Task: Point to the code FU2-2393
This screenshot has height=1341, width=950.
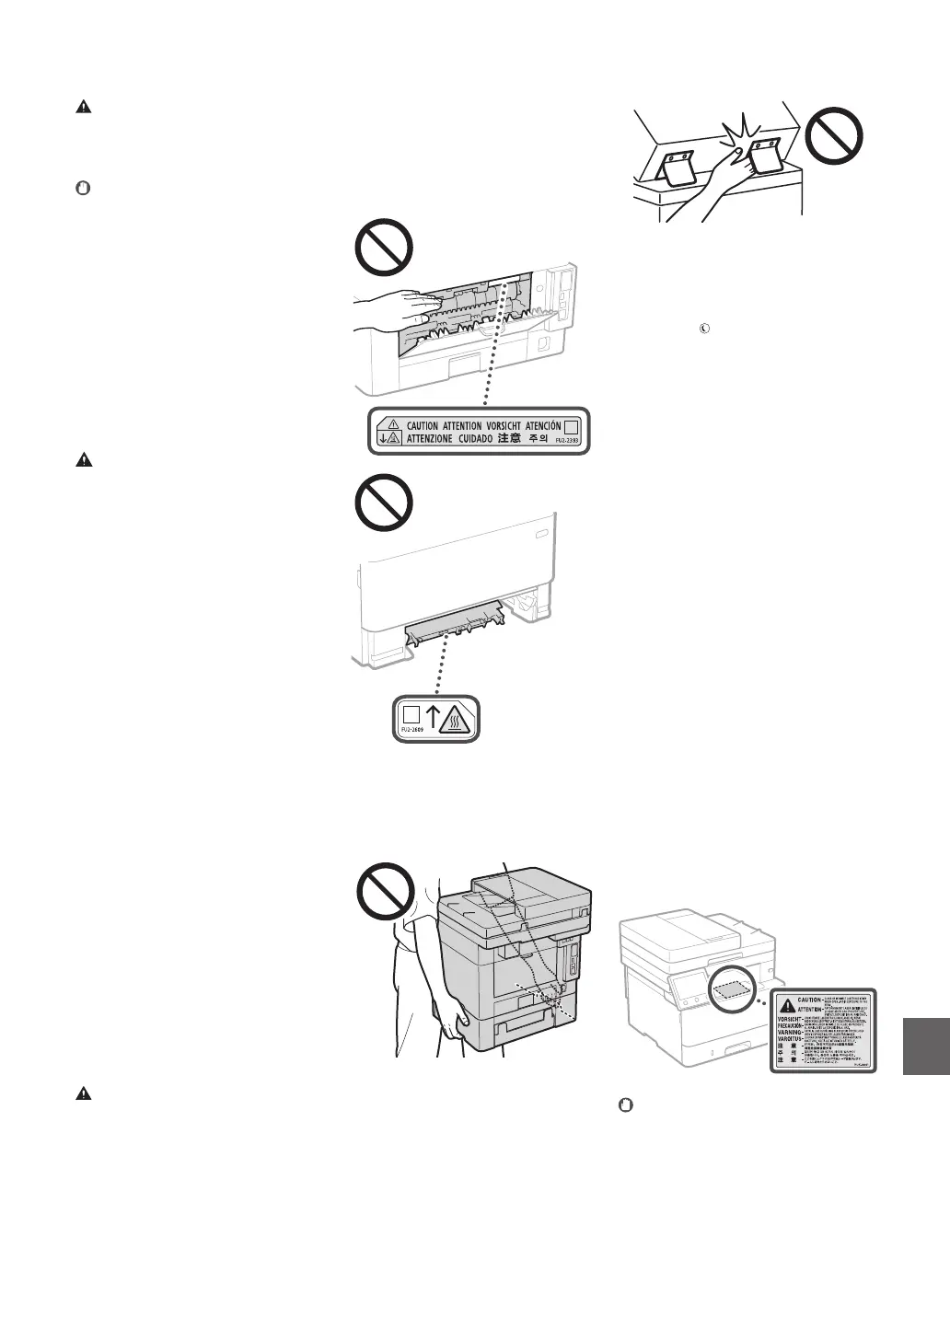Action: coord(566,441)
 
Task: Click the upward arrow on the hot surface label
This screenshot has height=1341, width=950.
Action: coord(431,716)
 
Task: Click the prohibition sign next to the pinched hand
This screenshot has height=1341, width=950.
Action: coord(834,139)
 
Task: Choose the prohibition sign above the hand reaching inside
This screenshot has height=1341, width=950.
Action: coord(384,246)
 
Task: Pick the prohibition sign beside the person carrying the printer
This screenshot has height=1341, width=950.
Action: coord(384,889)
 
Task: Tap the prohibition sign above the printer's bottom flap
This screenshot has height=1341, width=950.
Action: coord(384,502)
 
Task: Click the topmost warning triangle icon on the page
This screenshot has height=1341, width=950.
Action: coord(83,107)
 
